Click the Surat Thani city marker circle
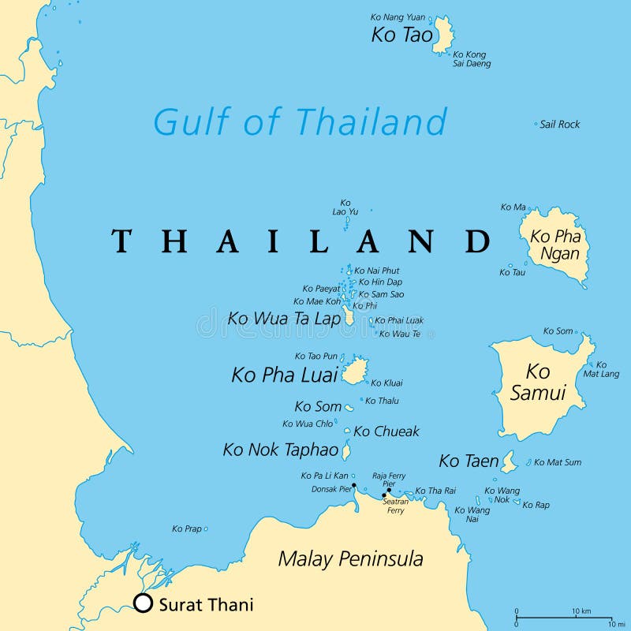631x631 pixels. pos(143,603)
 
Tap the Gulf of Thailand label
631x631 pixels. pos(300,122)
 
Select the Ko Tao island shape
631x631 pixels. pos(442,35)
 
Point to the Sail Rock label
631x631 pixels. pos(559,125)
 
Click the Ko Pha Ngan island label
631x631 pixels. pos(555,245)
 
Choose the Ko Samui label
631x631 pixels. pos(538,382)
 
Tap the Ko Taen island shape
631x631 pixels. pos(509,463)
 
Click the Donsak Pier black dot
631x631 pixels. pos(354,486)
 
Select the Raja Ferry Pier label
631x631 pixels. pos(389,480)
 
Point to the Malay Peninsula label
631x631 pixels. pos(350,559)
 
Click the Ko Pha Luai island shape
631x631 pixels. pos(354,371)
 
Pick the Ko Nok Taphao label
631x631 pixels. pos(281,450)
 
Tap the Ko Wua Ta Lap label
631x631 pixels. pos(284,319)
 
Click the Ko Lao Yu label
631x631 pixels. pos(345,207)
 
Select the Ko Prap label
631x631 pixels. pos(187,528)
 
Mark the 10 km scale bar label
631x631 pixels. pos(581,611)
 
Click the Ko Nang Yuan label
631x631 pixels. pos(398,17)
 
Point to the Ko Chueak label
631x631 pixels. pos(386,431)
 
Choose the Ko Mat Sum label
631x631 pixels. pos(558,462)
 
